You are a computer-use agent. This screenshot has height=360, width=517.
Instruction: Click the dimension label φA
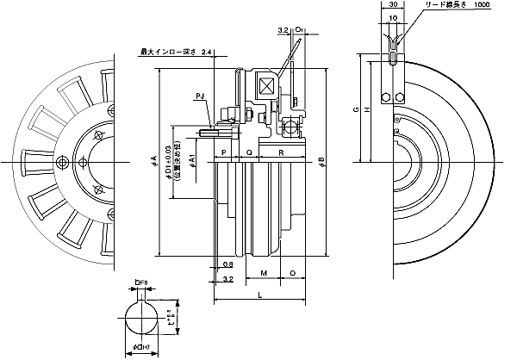(153, 160)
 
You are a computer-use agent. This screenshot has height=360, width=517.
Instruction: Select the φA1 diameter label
(191, 160)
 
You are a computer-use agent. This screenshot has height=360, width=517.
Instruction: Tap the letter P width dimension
(223, 152)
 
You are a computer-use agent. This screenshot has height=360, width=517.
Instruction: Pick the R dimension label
(282, 152)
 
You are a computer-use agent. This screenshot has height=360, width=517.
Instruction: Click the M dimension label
(263, 273)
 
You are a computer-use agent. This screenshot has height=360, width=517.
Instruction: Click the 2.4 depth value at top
(206, 53)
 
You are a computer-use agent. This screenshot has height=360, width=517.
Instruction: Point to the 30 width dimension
(394, 4)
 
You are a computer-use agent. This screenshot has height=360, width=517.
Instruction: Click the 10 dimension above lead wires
(394, 17)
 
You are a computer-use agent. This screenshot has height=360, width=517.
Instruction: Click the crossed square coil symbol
(265, 87)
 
